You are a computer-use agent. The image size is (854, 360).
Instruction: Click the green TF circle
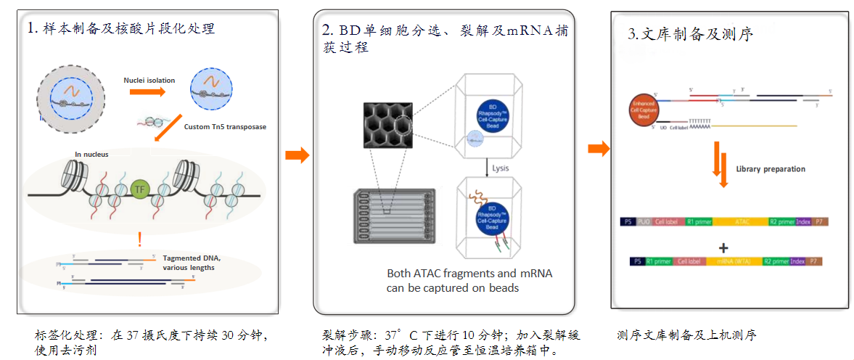[x=140, y=190]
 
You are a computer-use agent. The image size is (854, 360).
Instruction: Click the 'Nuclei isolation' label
[x=149, y=80]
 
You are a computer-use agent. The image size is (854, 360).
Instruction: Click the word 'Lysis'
[x=501, y=168]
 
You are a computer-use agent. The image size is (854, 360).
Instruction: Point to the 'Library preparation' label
[x=770, y=169]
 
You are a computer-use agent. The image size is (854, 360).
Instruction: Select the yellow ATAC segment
[x=742, y=221]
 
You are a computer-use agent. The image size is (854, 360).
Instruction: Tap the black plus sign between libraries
[x=723, y=245]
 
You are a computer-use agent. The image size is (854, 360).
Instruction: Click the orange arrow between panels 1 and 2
[x=297, y=155]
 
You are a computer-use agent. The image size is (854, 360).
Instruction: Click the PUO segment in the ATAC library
[x=644, y=221]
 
